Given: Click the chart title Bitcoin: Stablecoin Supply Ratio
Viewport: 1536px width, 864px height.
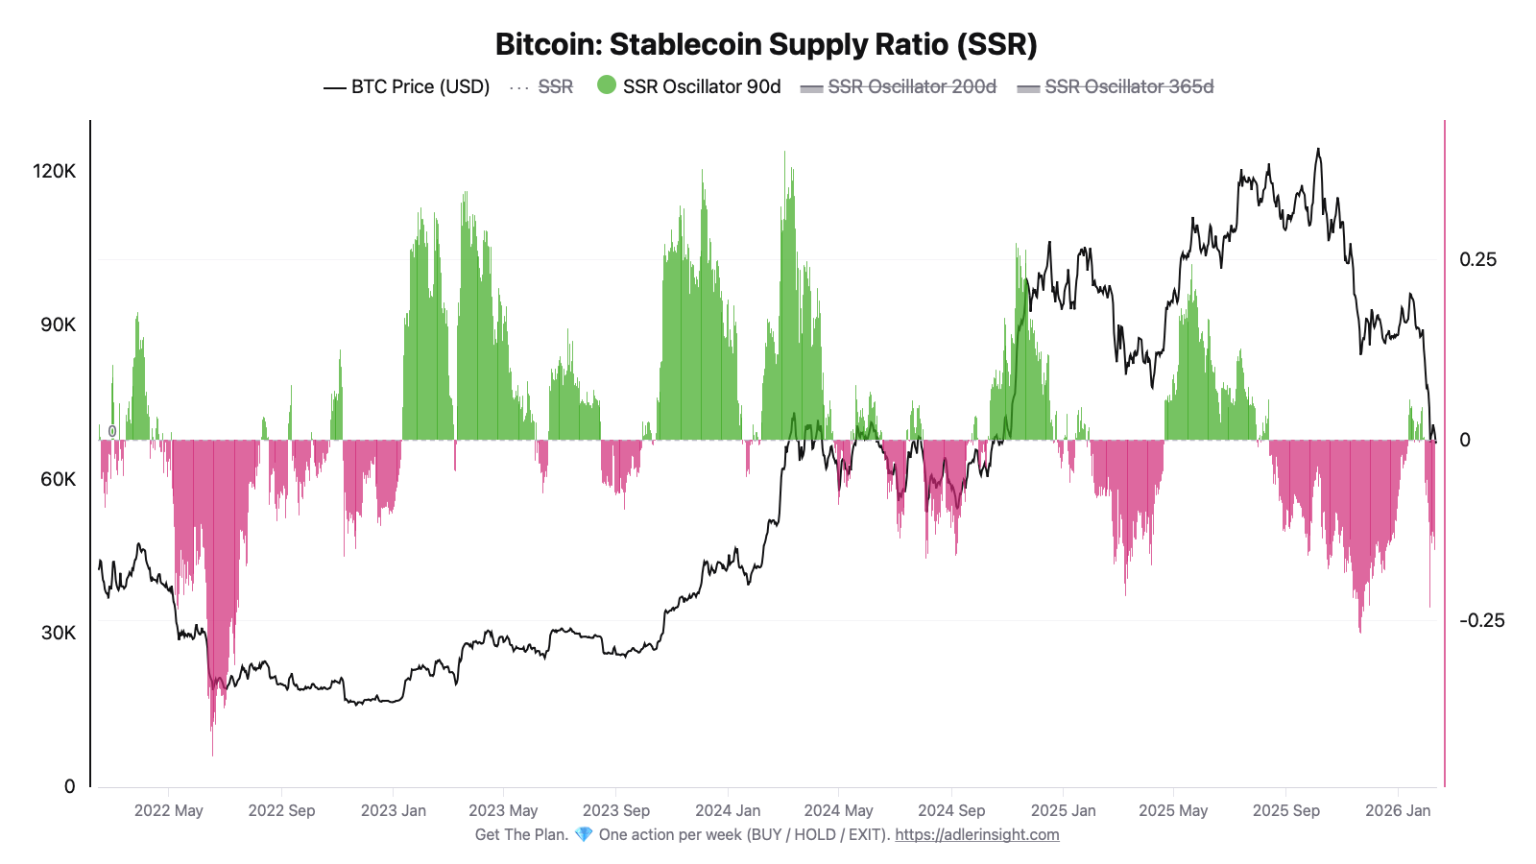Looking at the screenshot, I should pos(766,44).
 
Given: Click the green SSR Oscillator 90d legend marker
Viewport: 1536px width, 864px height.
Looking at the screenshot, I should pos(607,85).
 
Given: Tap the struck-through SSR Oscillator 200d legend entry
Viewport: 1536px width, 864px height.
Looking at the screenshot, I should pos(911,86).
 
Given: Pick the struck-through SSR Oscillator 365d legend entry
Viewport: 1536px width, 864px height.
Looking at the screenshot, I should pos(1128,86).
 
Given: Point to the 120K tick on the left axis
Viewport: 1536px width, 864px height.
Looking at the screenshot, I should pos(54,171).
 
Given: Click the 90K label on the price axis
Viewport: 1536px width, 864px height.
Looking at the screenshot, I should pos(58,324).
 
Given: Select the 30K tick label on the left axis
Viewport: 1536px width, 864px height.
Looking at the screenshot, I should pos(58,633).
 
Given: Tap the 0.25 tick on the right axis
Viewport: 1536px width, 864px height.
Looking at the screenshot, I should pos(1477,259).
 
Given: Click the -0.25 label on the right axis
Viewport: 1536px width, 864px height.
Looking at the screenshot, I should pos(1481,620).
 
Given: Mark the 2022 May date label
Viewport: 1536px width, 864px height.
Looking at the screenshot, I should pos(169,810).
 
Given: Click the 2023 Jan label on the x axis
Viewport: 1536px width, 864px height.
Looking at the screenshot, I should pos(394,810).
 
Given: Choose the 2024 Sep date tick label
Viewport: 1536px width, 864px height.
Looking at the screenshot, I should pos(951,810).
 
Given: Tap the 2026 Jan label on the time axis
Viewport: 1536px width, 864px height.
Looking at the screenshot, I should pos(1398,810).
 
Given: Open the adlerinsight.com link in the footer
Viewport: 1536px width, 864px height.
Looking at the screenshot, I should pos(977,834).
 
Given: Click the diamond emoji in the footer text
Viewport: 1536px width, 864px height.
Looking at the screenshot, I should pos(584,834).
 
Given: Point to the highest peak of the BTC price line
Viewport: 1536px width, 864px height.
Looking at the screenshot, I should pos(1318,150).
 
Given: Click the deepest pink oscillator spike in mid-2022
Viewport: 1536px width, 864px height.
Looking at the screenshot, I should pos(212,753).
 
